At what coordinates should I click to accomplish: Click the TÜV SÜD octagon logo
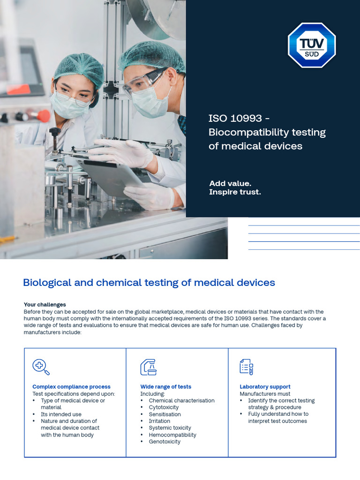click(x=312, y=45)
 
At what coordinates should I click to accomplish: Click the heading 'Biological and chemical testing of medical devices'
click(x=149, y=283)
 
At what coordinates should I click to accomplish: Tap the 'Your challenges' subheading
click(x=45, y=305)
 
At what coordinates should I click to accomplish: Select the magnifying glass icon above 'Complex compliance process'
click(x=41, y=367)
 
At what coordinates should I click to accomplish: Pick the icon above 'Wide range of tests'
click(x=149, y=367)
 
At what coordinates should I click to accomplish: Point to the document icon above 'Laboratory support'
click(x=247, y=367)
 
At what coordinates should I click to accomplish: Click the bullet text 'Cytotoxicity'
click(x=164, y=407)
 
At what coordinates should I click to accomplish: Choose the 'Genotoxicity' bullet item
click(x=165, y=442)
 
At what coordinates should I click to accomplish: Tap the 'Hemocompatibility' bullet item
click(x=172, y=435)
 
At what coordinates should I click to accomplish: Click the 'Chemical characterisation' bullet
click(x=181, y=401)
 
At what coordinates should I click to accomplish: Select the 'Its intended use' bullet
click(x=61, y=414)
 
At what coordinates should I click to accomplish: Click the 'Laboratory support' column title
click(x=265, y=387)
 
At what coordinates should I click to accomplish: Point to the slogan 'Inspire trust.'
click(x=235, y=192)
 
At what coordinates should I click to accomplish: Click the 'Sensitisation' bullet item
click(x=165, y=414)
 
